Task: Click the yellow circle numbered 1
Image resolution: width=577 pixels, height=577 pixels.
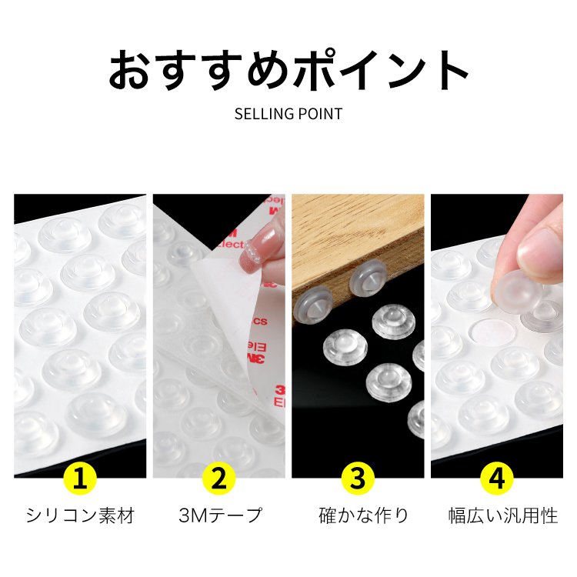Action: [x=80, y=479]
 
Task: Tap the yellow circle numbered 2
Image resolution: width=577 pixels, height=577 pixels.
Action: [x=218, y=479]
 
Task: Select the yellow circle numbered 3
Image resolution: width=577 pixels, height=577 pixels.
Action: [x=358, y=479]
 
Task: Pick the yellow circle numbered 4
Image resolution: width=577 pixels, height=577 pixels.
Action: [x=496, y=479]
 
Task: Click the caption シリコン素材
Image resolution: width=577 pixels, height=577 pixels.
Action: [x=80, y=515]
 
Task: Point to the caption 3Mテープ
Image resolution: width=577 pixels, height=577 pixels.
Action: [x=218, y=515]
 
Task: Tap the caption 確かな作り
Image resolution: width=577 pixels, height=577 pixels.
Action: [x=358, y=515]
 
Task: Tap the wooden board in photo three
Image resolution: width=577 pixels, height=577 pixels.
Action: [x=362, y=231]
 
